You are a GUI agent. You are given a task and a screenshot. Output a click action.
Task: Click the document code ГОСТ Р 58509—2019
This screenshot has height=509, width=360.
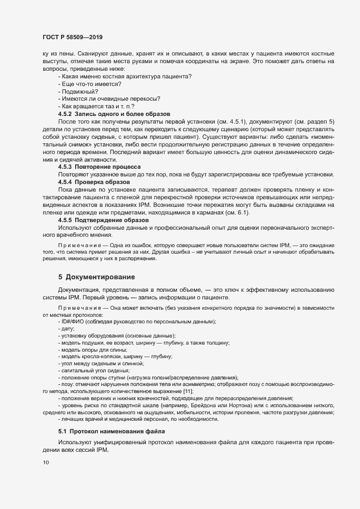[72, 38]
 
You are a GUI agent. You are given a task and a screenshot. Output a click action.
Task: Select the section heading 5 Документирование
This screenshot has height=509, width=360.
[93, 276]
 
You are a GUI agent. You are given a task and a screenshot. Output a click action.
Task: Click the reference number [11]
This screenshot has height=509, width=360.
[187, 391]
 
